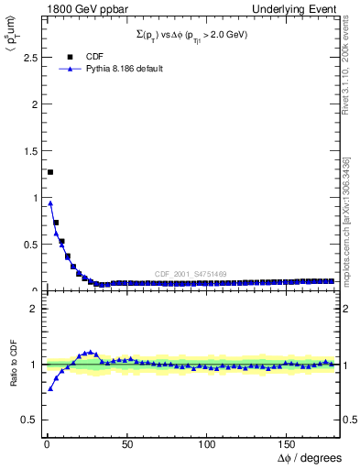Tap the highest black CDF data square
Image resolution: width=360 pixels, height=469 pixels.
tap(50, 172)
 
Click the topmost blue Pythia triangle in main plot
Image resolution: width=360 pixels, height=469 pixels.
tap(50, 203)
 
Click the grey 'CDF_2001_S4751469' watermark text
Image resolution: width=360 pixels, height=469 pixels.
tap(190, 275)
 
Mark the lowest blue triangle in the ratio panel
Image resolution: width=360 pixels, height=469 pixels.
tap(50, 388)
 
